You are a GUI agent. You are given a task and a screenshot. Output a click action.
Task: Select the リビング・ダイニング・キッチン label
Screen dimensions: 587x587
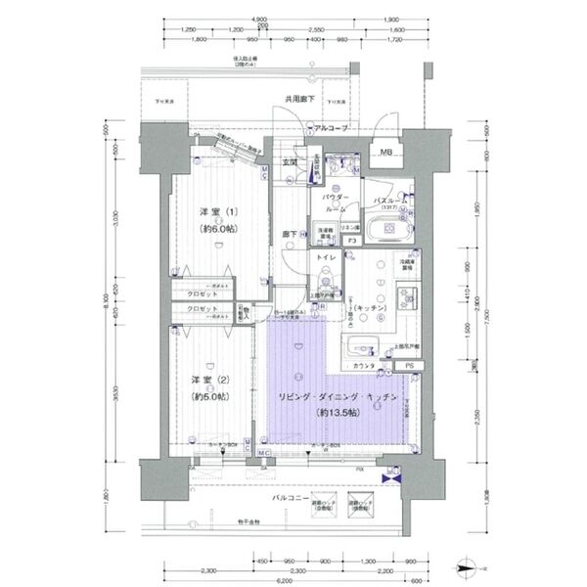[x=336, y=396]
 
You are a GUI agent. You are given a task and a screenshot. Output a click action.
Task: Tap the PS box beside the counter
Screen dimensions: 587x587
[x=410, y=366]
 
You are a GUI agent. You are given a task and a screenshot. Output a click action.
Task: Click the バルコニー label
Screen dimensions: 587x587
[x=291, y=497]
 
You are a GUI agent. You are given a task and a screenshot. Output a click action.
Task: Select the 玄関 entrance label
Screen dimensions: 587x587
[x=291, y=162]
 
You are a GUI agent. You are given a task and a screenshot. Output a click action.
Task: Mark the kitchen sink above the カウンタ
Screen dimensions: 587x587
[x=360, y=345]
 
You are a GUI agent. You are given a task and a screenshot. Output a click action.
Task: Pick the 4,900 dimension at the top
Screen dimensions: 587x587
[x=259, y=19]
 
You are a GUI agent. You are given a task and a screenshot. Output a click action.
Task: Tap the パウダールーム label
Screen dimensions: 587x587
[x=335, y=203]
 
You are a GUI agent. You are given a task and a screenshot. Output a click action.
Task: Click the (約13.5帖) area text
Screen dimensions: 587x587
[x=336, y=413]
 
